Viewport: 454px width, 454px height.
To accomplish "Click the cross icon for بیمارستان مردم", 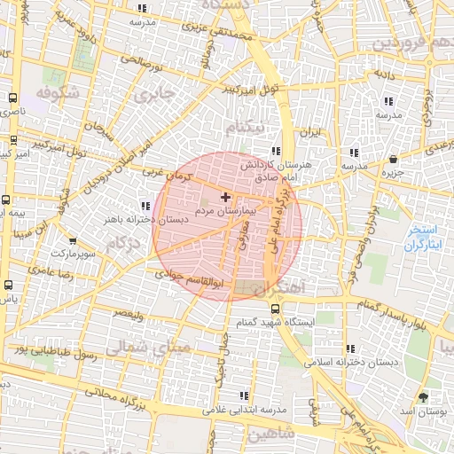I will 225,196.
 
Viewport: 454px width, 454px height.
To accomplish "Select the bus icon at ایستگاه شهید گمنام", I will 275,309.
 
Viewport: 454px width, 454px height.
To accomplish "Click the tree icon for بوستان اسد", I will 422,397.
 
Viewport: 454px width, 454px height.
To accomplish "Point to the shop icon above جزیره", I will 393,159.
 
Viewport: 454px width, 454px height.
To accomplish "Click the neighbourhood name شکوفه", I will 59,92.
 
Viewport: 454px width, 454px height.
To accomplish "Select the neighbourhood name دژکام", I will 123,242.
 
